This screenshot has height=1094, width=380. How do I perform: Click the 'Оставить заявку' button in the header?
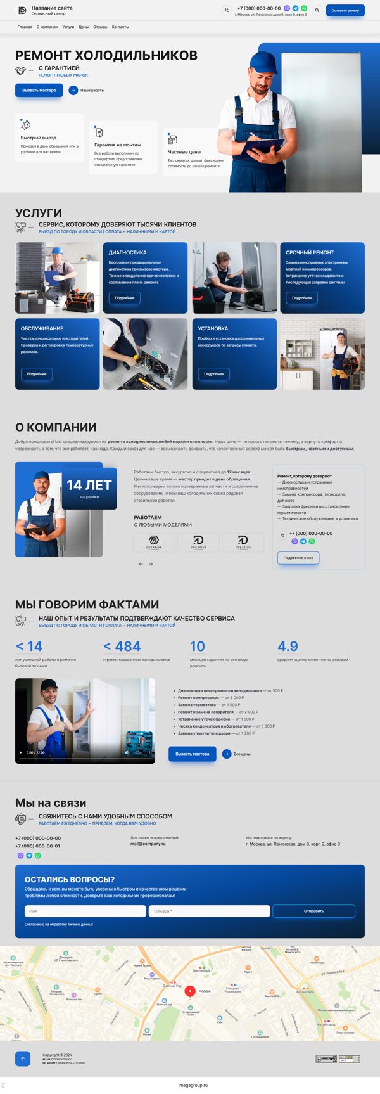click(345, 10)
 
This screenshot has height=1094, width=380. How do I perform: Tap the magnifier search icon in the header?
click(317, 10)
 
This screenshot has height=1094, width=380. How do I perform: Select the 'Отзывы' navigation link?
click(100, 27)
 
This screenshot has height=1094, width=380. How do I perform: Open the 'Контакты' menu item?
click(120, 27)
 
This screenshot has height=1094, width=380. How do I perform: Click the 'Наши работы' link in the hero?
click(92, 90)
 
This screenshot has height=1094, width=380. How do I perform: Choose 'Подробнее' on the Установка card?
click(214, 374)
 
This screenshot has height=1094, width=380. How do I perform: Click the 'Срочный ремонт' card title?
click(310, 252)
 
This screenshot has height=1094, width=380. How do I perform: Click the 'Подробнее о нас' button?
click(298, 558)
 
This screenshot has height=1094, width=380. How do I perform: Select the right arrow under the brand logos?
click(151, 563)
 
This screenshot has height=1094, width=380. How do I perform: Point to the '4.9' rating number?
click(288, 646)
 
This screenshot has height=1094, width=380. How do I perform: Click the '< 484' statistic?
click(122, 646)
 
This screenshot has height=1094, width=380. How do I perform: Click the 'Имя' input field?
click(85, 911)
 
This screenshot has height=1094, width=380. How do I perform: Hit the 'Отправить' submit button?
click(313, 911)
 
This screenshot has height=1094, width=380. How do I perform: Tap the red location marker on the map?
click(189, 990)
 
